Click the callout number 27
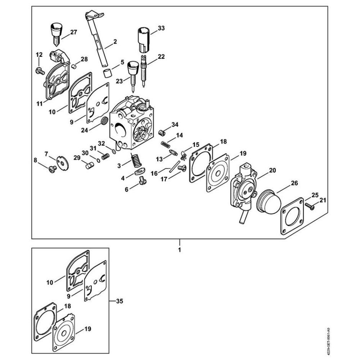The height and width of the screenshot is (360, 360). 73,32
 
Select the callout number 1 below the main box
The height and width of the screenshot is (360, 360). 179,249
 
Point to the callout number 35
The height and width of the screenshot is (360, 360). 120,301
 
